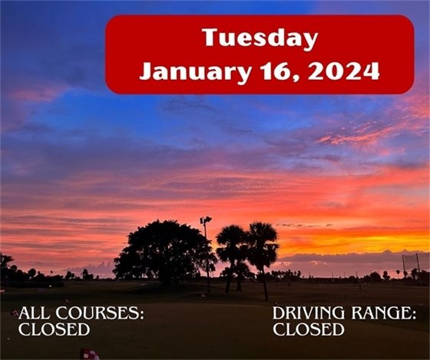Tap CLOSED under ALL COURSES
click(x=54, y=330)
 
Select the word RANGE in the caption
click(x=383, y=314)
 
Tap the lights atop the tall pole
click(x=205, y=220)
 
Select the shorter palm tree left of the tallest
click(x=230, y=242)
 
